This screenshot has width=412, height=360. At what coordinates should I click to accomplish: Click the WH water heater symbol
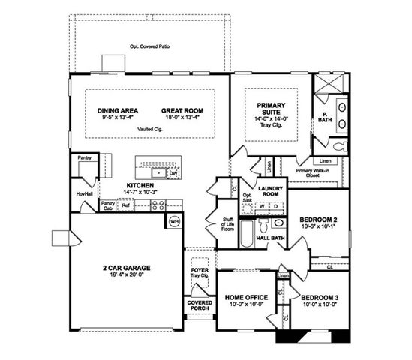tap(174, 221)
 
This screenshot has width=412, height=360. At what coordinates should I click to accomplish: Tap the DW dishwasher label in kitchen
tap(173, 173)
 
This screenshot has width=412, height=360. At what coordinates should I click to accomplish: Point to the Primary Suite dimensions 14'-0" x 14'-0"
tap(268, 119)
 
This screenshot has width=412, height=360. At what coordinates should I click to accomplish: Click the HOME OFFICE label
tap(243, 298)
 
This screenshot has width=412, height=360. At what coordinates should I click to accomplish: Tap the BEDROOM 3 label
tap(319, 298)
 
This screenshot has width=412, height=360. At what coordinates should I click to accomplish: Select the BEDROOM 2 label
tap(319, 220)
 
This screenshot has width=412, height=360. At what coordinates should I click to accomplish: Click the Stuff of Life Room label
tap(227, 223)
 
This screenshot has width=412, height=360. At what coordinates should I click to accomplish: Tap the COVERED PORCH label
tap(200, 305)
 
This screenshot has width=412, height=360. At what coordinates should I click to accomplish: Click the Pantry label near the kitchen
tap(84, 158)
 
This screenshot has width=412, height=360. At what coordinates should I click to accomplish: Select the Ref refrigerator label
tap(126, 204)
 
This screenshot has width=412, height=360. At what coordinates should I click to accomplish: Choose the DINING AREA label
tap(118, 110)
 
